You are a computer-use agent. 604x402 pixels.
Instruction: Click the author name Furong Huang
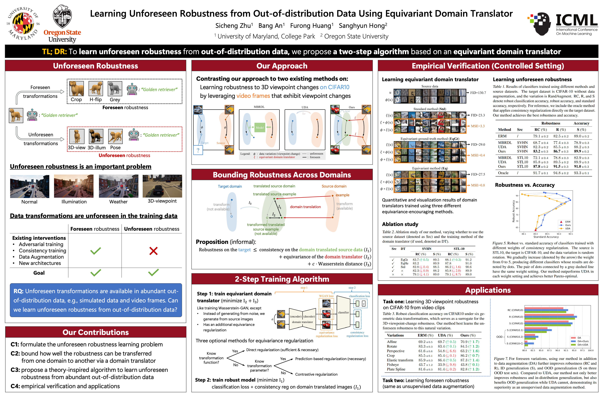(311, 26)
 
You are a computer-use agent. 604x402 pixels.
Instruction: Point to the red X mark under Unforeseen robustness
(153, 251)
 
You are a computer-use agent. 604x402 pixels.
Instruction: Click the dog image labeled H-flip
(95, 88)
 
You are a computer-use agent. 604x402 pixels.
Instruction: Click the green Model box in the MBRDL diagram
(260, 127)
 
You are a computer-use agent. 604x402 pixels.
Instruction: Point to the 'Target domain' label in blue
(230, 186)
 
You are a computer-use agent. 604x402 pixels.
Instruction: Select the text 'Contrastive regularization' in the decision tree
(316, 374)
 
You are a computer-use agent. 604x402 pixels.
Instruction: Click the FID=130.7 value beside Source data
(478, 93)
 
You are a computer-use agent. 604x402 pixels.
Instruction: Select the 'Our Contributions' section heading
(95, 332)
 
